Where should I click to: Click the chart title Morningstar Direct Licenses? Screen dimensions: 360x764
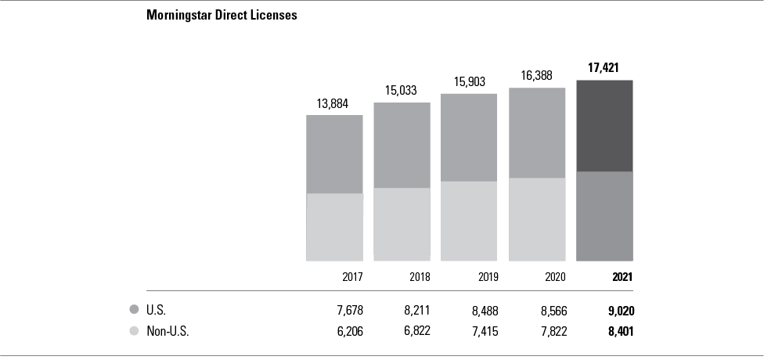click(222, 15)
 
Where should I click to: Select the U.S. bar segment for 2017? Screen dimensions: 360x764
click(334, 153)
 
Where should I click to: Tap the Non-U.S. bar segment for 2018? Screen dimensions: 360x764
click(402, 224)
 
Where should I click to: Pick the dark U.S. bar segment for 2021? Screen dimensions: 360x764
click(604, 125)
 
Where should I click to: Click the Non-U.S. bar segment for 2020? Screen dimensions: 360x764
click(537, 219)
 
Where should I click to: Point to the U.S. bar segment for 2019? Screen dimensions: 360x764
click(469, 137)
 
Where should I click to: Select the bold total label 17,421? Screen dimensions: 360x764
click(604, 68)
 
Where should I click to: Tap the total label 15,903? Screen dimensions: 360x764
click(470, 81)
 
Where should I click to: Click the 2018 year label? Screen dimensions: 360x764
click(420, 277)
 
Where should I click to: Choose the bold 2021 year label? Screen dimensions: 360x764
click(622, 277)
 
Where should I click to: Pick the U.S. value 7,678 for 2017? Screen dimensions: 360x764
click(348, 311)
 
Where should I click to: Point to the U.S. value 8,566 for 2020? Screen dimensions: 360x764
click(550, 311)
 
